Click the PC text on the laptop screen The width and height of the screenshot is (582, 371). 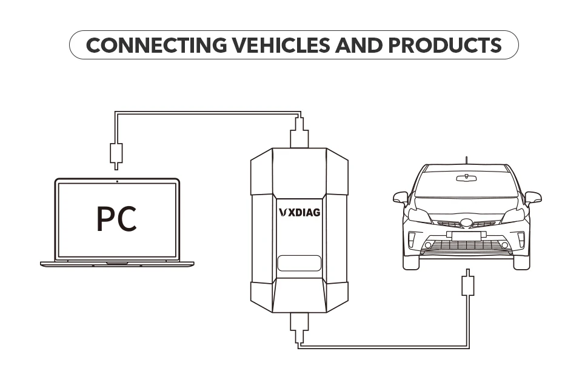click(x=117, y=219)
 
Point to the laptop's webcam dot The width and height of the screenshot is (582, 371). click(x=116, y=181)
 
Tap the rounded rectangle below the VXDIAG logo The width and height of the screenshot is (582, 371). click(x=299, y=264)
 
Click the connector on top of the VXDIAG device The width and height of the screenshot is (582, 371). click(x=299, y=133)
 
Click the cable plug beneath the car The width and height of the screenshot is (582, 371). click(x=467, y=285)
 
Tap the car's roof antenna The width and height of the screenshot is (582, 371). click(x=466, y=161)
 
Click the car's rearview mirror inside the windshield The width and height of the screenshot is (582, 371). click(x=466, y=177)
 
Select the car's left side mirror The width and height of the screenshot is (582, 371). click(x=401, y=198)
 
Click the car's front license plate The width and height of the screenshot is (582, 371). click(x=466, y=235)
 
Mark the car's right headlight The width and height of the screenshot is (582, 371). click(x=513, y=216)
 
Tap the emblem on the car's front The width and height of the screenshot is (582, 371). click(x=466, y=223)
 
